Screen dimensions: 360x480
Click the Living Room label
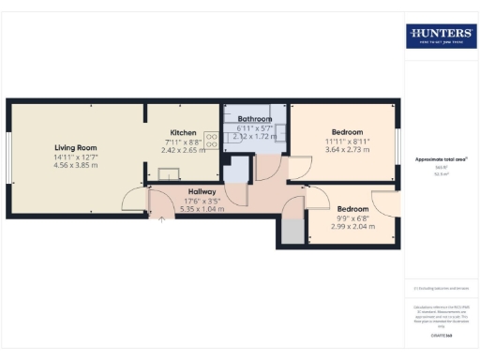[x=77, y=148]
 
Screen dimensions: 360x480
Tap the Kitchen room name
[x=183, y=132]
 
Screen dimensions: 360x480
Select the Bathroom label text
[x=254, y=120]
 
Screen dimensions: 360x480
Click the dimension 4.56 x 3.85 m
[x=77, y=166]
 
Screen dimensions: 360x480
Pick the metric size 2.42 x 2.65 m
[x=183, y=150]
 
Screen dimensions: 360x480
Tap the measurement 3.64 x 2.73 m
[x=347, y=150]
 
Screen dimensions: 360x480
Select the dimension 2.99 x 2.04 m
[x=352, y=226]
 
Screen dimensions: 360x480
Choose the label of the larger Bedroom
[x=347, y=132]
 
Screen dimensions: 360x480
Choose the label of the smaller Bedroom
[x=352, y=208]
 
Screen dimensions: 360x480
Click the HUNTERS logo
[x=441, y=37]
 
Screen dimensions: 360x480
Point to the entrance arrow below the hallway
[x=160, y=219]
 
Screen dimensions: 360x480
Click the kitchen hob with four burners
[x=211, y=142]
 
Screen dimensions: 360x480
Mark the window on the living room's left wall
[x=9, y=155]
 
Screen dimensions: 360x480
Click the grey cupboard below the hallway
[x=291, y=232]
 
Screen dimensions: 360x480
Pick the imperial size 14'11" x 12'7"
[x=77, y=157]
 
